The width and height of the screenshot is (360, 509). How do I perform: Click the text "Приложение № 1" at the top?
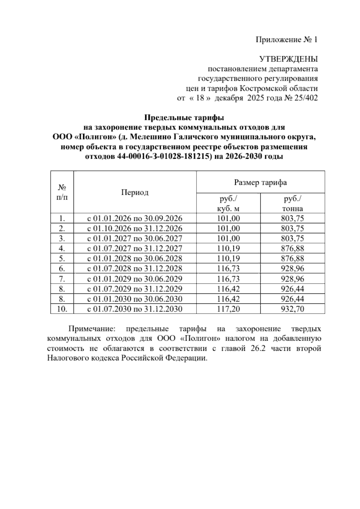(286, 40)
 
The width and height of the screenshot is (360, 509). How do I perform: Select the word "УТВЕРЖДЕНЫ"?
(288, 59)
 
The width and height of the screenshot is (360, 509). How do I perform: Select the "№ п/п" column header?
(62, 192)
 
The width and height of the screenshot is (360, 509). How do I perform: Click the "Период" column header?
(135, 192)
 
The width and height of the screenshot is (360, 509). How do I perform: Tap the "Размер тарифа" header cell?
(260, 182)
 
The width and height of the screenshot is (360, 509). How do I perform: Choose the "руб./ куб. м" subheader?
(228, 203)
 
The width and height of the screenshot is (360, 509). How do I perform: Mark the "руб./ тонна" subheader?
(292, 203)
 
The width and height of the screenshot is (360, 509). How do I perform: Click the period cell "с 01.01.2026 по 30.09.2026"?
(135, 218)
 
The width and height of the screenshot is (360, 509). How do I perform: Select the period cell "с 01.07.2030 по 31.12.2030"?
(135, 309)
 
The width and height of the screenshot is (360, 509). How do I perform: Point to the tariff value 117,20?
(228, 309)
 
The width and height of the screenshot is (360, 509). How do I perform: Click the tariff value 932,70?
(292, 309)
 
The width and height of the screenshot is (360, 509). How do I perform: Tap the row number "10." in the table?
(62, 309)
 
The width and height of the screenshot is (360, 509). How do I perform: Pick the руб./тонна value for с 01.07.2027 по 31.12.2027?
(292, 248)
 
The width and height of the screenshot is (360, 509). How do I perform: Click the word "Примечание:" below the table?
(91, 329)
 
